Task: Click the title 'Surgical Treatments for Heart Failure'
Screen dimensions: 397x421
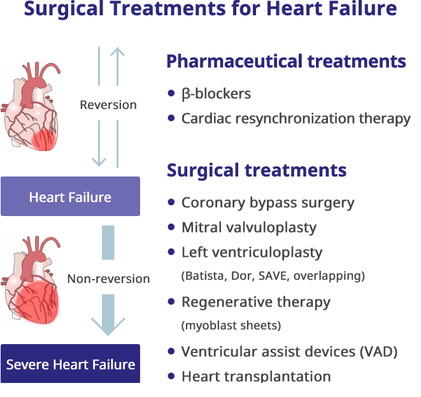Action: pos(210,10)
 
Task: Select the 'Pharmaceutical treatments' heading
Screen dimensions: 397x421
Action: pos(286,62)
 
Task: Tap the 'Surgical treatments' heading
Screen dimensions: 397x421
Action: pos(257,171)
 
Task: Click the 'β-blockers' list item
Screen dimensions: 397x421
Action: pos(216,94)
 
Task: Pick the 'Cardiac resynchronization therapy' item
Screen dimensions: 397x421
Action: pos(296,119)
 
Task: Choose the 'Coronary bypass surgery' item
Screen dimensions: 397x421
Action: pos(268,203)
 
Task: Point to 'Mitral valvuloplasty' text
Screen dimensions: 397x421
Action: pos(248,227)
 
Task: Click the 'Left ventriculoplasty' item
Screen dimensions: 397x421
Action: pos(252,252)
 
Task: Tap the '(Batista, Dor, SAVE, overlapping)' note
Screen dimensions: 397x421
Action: pos(273,276)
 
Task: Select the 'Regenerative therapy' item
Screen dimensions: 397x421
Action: pos(255,301)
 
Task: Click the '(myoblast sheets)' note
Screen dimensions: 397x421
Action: pos(231,326)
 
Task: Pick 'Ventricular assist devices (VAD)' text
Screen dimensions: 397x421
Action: pos(289,352)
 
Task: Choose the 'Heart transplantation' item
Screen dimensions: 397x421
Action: pos(255,376)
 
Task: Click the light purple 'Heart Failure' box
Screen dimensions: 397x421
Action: pos(70,197)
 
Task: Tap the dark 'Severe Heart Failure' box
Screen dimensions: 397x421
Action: pos(70,365)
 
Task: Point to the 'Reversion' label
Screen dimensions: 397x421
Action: pos(108,105)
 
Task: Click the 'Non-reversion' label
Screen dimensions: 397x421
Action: pos(108,278)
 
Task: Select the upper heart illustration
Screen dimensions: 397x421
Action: pos(32,106)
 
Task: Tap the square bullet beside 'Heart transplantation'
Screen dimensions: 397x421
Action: pos(171,376)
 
